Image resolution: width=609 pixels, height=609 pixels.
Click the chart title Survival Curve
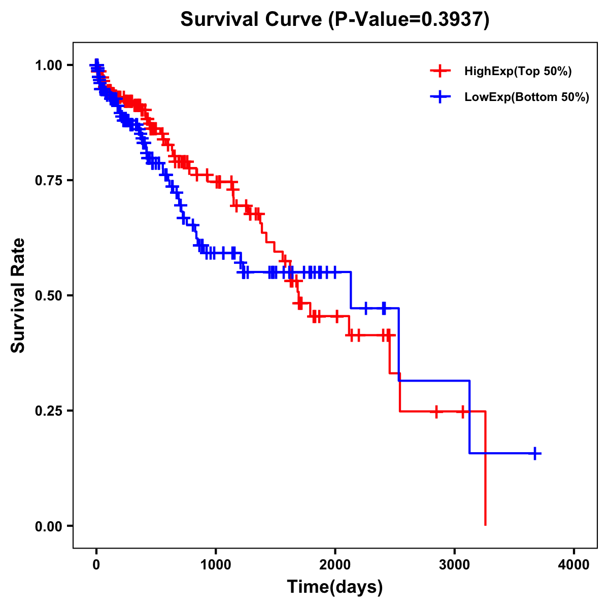pos(251,20)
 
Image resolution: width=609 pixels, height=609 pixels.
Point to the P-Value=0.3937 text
pos(409,20)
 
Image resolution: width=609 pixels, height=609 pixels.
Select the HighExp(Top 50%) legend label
pos(518,72)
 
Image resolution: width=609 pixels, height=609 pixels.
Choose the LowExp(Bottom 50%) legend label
pos(527,97)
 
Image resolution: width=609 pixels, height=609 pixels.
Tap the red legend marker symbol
pos(440,71)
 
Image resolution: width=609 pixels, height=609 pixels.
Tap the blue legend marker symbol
pos(440,97)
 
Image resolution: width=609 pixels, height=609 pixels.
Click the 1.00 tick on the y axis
pos(48,65)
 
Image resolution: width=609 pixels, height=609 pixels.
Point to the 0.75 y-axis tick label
pos(48,181)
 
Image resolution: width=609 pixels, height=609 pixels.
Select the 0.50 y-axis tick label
pos(48,296)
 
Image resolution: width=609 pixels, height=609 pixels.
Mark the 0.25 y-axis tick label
pos(48,411)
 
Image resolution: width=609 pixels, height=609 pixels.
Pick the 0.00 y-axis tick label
pos(48,526)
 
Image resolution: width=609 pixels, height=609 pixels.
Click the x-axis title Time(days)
pos(335,587)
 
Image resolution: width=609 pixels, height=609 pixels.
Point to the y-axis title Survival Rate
pos(18,295)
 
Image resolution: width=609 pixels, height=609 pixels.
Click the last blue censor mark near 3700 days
pos(535,453)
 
